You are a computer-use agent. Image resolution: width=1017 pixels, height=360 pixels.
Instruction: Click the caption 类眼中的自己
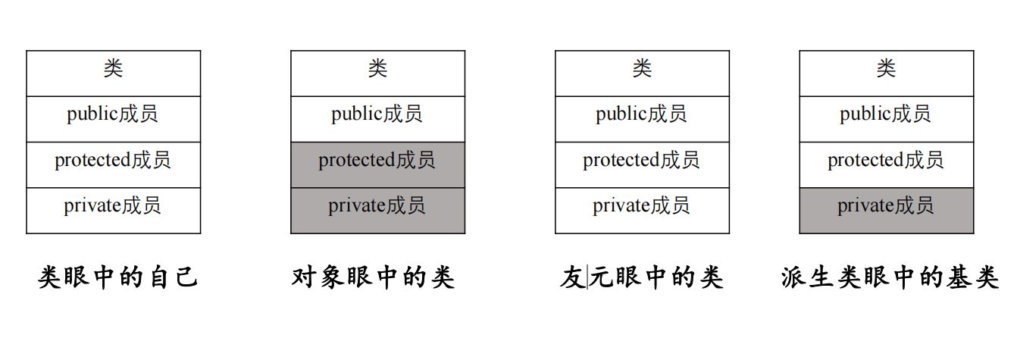point(118,277)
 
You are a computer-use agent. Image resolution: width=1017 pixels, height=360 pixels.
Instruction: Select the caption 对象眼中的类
point(373,277)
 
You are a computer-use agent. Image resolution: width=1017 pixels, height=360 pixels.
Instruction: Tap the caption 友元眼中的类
point(641,277)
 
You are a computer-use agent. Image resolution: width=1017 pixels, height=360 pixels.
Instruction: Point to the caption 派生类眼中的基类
point(890,277)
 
